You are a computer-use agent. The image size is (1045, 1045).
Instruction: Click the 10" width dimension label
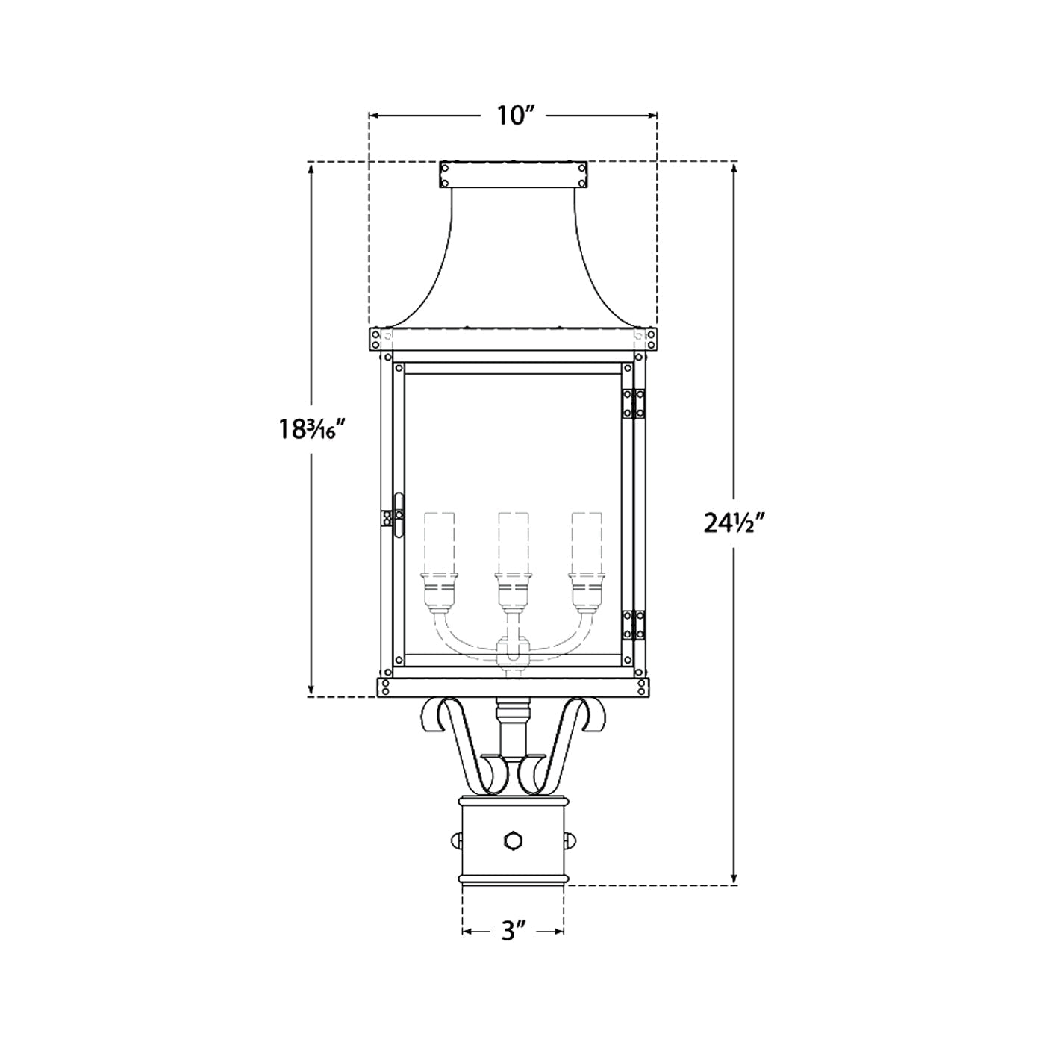(513, 116)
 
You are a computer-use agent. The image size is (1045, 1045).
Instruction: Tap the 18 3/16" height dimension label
(311, 429)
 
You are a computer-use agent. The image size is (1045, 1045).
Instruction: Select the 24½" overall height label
(734, 523)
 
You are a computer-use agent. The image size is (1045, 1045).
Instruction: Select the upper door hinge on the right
(633, 404)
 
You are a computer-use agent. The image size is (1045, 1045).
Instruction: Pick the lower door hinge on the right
(633, 626)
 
